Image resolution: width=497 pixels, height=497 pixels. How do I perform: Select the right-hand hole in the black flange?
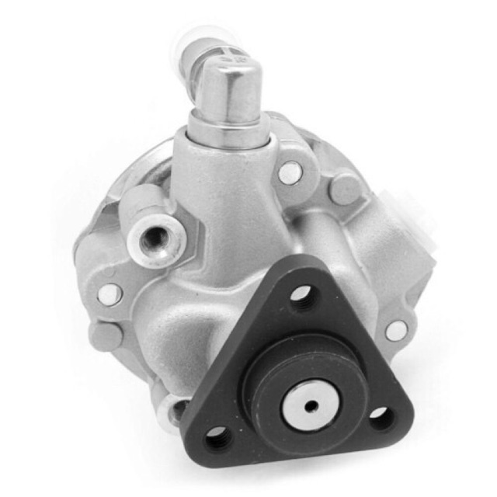pos(379,412)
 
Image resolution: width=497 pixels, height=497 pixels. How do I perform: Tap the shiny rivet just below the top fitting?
pos(290,172)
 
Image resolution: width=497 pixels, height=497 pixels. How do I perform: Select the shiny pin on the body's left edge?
pos(109,294)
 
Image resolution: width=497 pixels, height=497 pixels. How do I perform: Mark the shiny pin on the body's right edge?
pos(396,330)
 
